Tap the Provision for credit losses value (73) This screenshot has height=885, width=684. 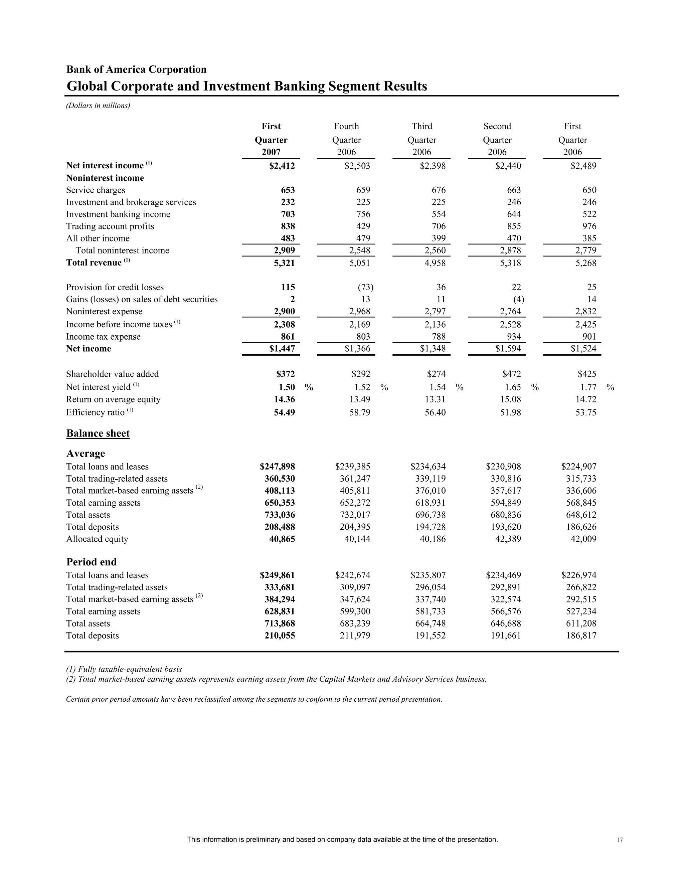tap(365, 287)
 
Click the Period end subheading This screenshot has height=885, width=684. tap(91, 562)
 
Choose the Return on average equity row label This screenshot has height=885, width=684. tap(113, 399)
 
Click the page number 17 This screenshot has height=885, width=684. tap(620, 840)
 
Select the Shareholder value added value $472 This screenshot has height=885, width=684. tap(511, 374)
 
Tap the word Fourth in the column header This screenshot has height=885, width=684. tap(346, 127)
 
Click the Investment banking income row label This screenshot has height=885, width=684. tap(118, 214)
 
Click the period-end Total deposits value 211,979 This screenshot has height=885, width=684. tap(355, 636)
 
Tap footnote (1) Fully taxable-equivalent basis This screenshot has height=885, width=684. tap(124, 669)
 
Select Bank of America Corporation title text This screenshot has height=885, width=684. tap(136, 70)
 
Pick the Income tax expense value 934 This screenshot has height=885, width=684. tap(513, 337)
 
